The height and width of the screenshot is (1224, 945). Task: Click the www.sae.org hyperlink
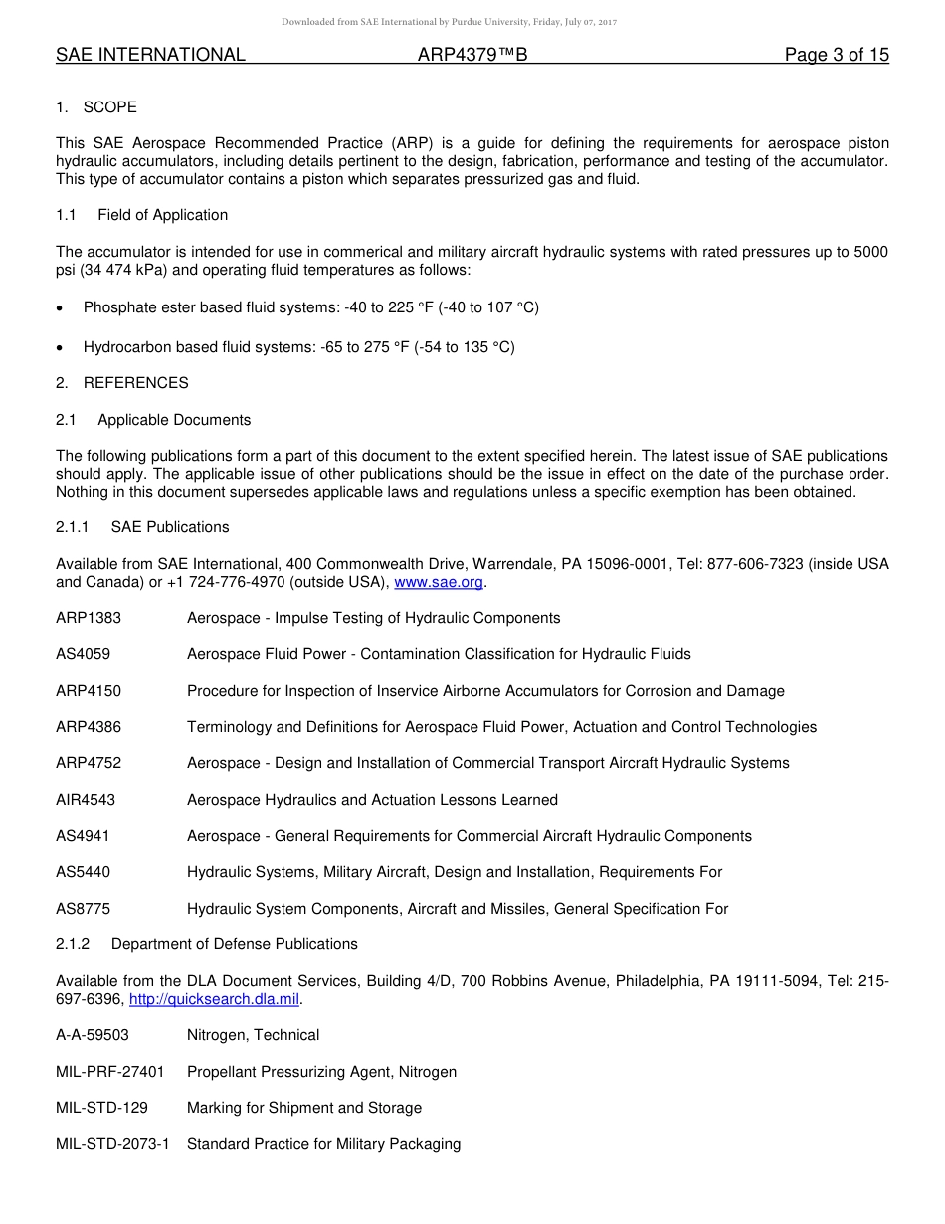point(439,582)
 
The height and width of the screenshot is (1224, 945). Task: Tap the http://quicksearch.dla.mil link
point(214,999)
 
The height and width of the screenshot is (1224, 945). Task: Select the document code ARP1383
point(89,618)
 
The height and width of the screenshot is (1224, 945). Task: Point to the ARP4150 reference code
point(89,691)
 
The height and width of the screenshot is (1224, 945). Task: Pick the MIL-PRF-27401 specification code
point(110,1072)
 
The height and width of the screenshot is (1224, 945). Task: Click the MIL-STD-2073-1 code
point(112,1144)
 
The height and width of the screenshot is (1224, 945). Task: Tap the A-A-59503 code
point(93,1035)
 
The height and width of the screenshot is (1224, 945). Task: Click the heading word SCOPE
point(110,106)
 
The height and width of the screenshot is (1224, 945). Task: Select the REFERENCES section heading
point(135,383)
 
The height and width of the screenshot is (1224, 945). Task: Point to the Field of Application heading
point(162,215)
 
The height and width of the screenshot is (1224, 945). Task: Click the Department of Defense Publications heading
point(234,943)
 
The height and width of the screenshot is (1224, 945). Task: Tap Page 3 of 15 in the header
point(837,55)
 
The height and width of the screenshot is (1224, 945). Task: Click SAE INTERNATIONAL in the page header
point(150,55)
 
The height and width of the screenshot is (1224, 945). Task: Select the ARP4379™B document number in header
point(472,55)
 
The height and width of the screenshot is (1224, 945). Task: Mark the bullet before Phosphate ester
point(61,308)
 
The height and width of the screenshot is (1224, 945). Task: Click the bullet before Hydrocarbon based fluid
point(61,348)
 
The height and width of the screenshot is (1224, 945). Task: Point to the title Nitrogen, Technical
point(253,1035)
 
